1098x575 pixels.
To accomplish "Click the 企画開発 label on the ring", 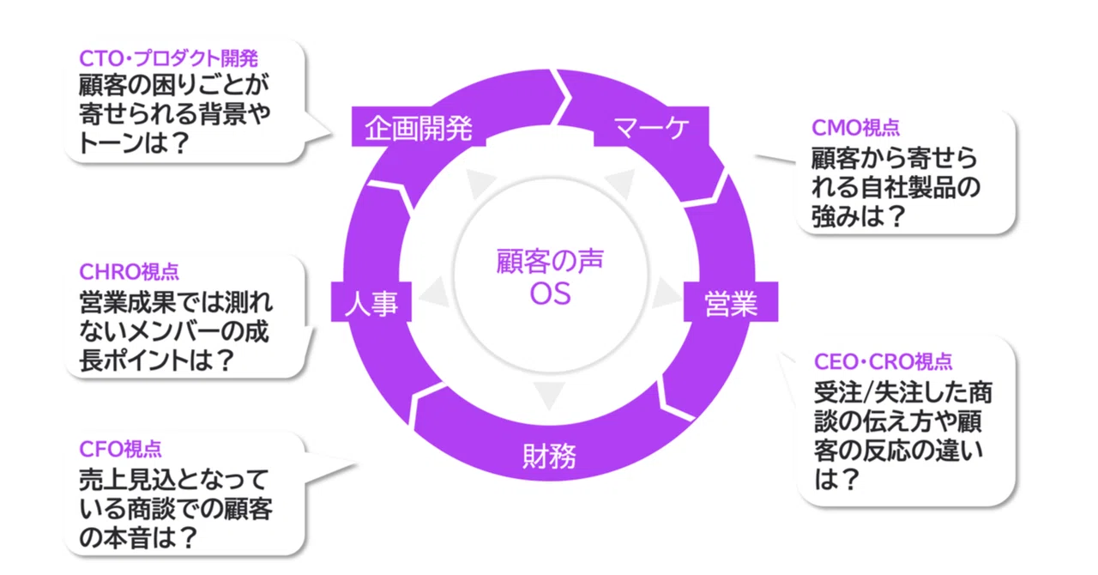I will [419, 129].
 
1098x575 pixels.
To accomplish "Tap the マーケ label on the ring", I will [652, 129].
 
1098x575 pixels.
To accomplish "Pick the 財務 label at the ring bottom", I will [549, 455].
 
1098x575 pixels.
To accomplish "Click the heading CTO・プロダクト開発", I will [168, 58].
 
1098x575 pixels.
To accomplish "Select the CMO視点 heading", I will [855, 128].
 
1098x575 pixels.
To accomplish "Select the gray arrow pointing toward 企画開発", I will [476, 183].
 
